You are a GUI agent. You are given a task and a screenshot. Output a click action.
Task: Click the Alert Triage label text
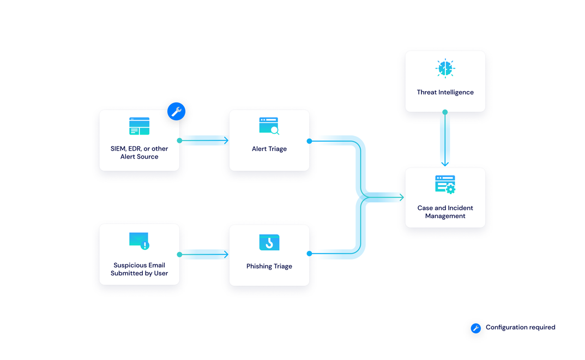(269, 149)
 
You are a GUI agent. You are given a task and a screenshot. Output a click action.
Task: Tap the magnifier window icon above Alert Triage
(269, 126)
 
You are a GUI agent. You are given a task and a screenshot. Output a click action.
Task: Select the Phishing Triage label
(269, 266)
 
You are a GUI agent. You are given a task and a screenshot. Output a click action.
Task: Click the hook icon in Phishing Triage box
(269, 243)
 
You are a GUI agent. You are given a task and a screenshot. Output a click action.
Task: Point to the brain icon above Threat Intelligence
(445, 68)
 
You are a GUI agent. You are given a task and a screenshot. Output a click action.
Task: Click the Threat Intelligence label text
(445, 92)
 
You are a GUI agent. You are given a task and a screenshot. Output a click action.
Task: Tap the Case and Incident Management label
(445, 212)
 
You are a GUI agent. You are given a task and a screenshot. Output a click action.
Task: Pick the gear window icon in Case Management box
(445, 184)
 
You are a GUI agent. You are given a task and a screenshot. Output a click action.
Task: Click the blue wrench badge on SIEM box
(176, 111)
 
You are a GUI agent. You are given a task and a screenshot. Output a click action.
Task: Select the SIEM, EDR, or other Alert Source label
(139, 152)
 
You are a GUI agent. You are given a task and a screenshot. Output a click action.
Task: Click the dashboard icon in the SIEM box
(139, 126)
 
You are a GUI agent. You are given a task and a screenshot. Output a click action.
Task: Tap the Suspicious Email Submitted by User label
(139, 269)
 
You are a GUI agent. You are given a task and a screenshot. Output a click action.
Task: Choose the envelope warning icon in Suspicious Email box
(139, 241)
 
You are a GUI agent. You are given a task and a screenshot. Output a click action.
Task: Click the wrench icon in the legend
(476, 328)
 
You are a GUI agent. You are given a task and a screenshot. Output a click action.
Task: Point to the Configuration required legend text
(520, 327)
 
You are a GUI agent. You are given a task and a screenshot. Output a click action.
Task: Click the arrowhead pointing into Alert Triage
(226, 141)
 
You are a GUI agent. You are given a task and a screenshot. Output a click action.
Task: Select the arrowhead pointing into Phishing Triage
(226, 254)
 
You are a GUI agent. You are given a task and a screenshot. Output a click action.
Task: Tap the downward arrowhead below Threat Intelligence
(445, 163)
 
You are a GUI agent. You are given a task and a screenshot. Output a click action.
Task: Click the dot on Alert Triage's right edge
(309, 141)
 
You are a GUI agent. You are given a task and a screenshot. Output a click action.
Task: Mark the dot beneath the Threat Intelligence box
(445, 112)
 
